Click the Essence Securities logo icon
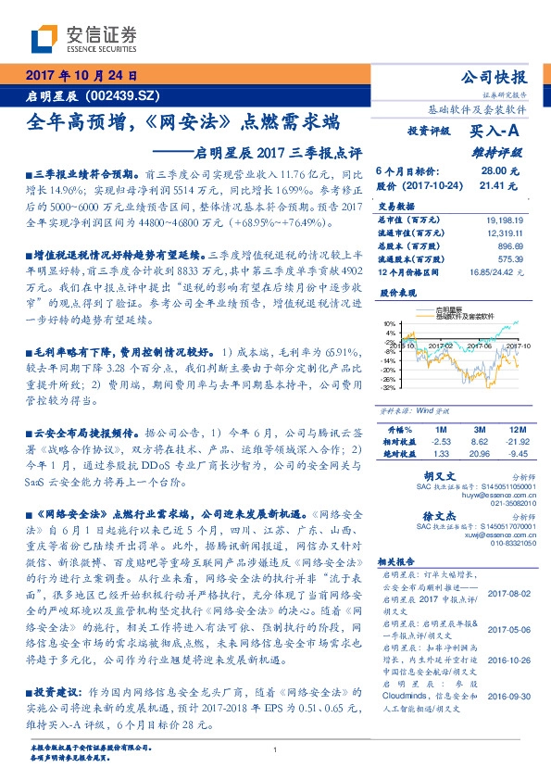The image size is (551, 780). coord(46,38)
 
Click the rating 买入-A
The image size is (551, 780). coord(498,132)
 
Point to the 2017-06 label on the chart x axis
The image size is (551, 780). coord(480,343)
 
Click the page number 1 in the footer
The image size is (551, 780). coord(276,751)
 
